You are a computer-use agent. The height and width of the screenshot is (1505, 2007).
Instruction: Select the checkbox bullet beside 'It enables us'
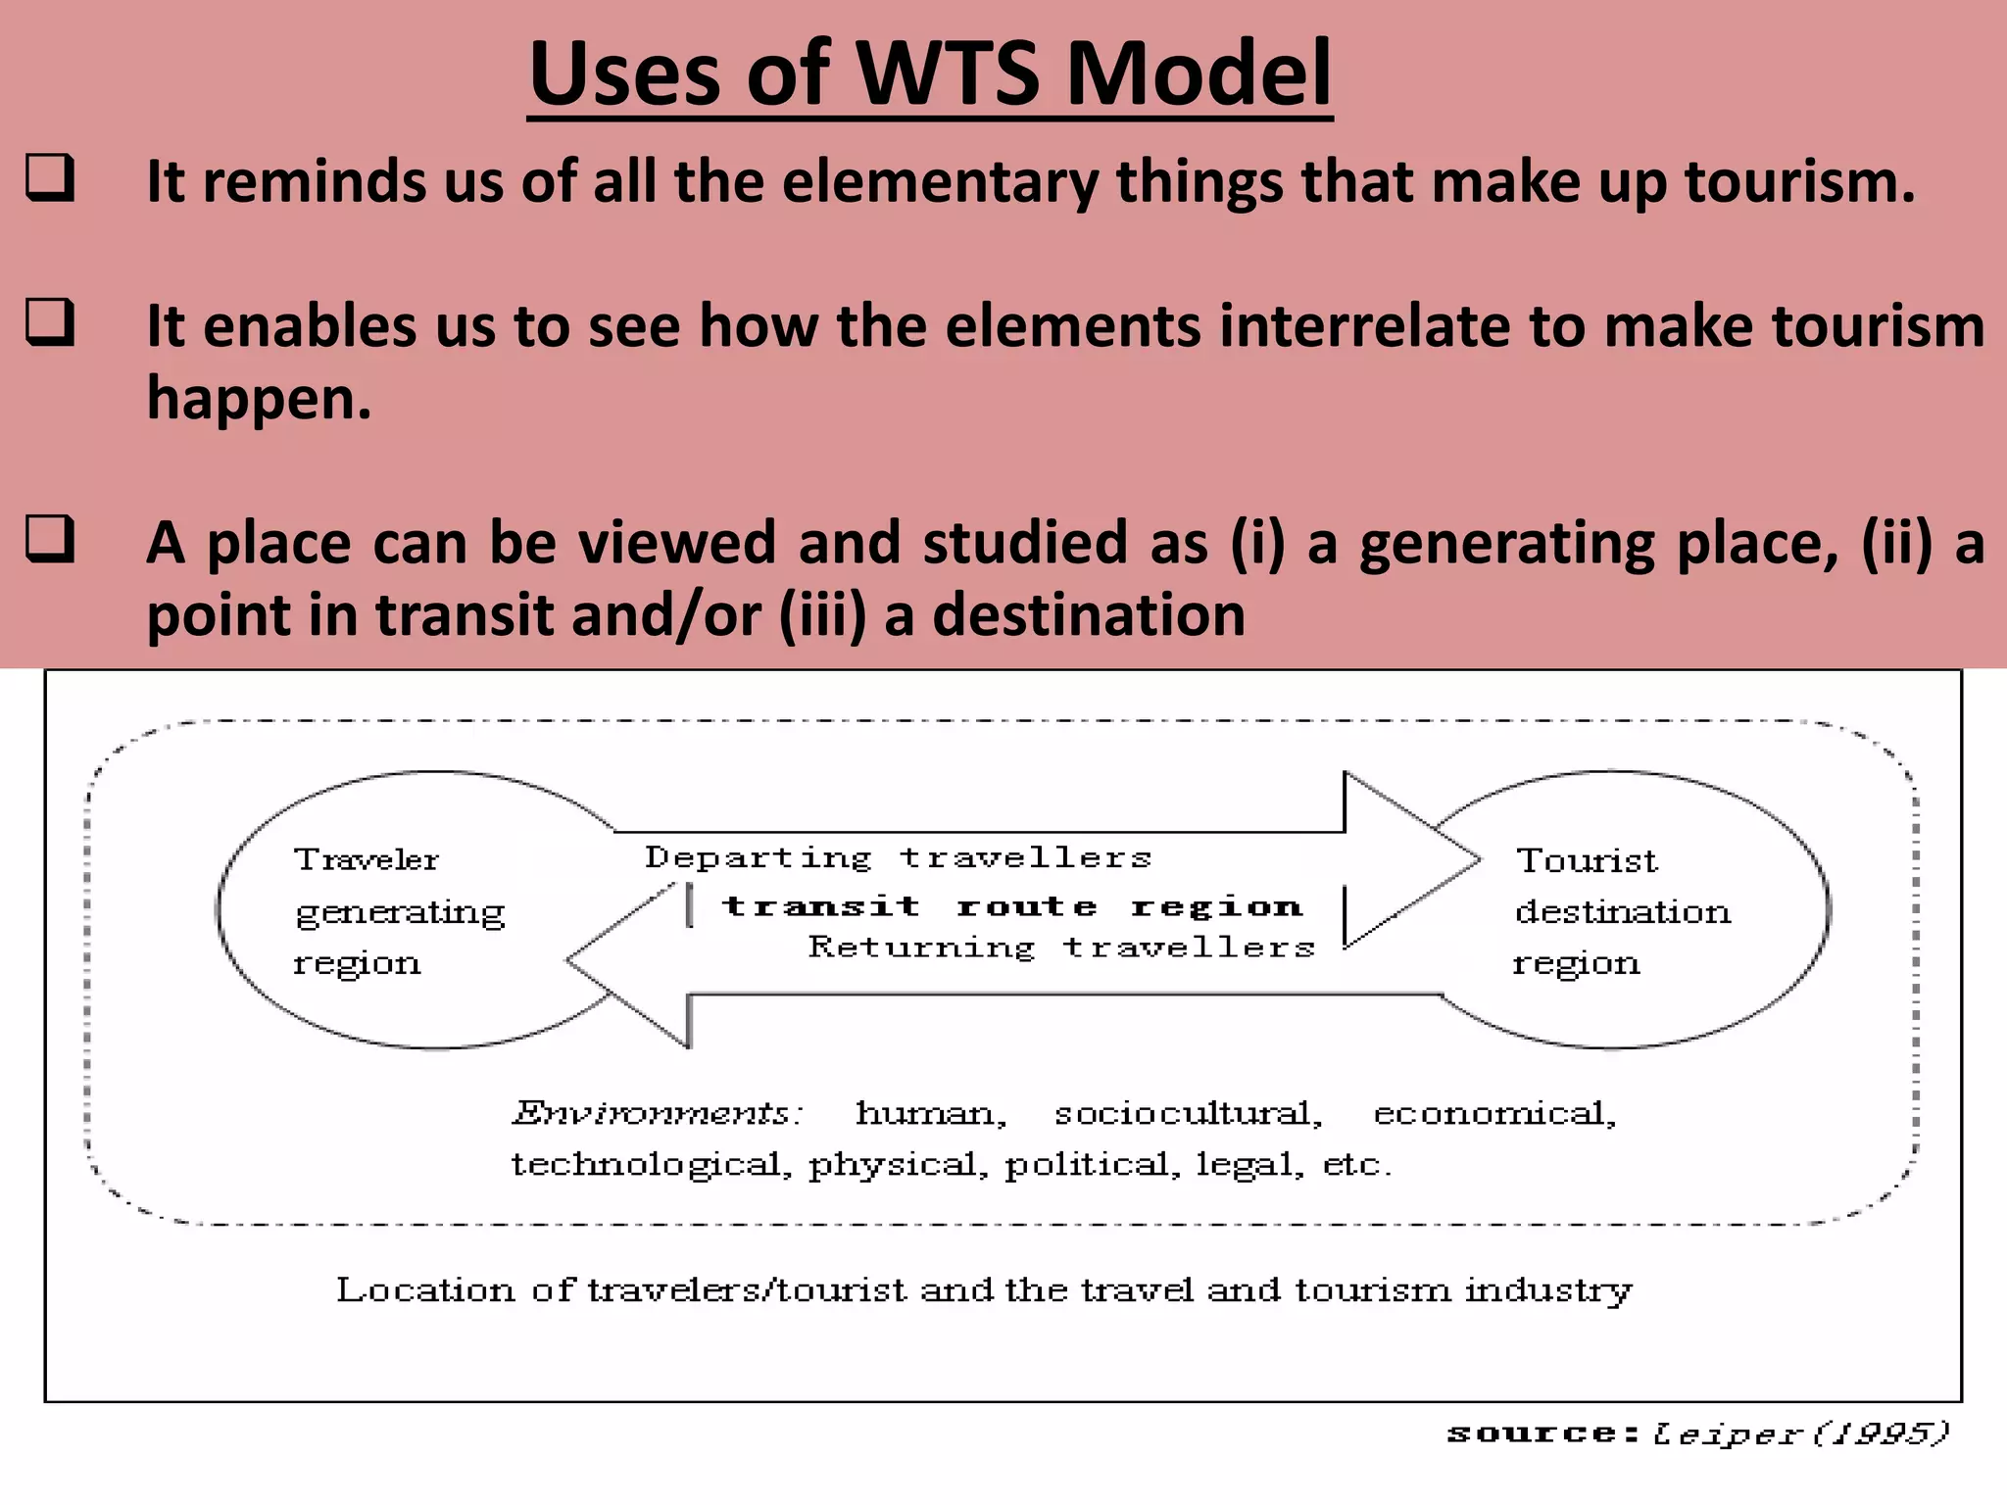[x=50, y=322]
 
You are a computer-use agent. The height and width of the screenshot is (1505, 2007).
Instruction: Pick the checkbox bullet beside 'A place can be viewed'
[x=50, y=539]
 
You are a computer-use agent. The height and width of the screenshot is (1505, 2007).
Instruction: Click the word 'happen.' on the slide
[x=260, y=399]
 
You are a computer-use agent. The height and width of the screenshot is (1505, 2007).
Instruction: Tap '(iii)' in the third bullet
[x=822, y=615]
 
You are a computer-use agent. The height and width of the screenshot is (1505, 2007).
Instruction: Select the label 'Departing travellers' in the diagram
[x=898, y=857]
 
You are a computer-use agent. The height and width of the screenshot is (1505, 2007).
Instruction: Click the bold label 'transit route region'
[x=1012, y=906]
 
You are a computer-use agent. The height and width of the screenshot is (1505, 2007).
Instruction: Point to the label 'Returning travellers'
[x=1061, y=947]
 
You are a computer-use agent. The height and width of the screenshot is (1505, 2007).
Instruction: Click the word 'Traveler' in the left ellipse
[x=367, y=859]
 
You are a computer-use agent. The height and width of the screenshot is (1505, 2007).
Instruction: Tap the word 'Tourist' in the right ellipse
[x=1587, y=860]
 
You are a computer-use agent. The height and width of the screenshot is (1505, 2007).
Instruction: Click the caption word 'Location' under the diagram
[x=425, y=1289]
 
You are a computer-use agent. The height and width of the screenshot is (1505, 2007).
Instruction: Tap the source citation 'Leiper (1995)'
[x=1801, y=1433]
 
